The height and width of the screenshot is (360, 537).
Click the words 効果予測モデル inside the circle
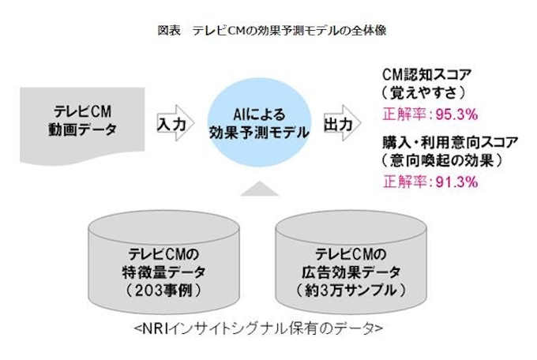click(259, 132)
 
